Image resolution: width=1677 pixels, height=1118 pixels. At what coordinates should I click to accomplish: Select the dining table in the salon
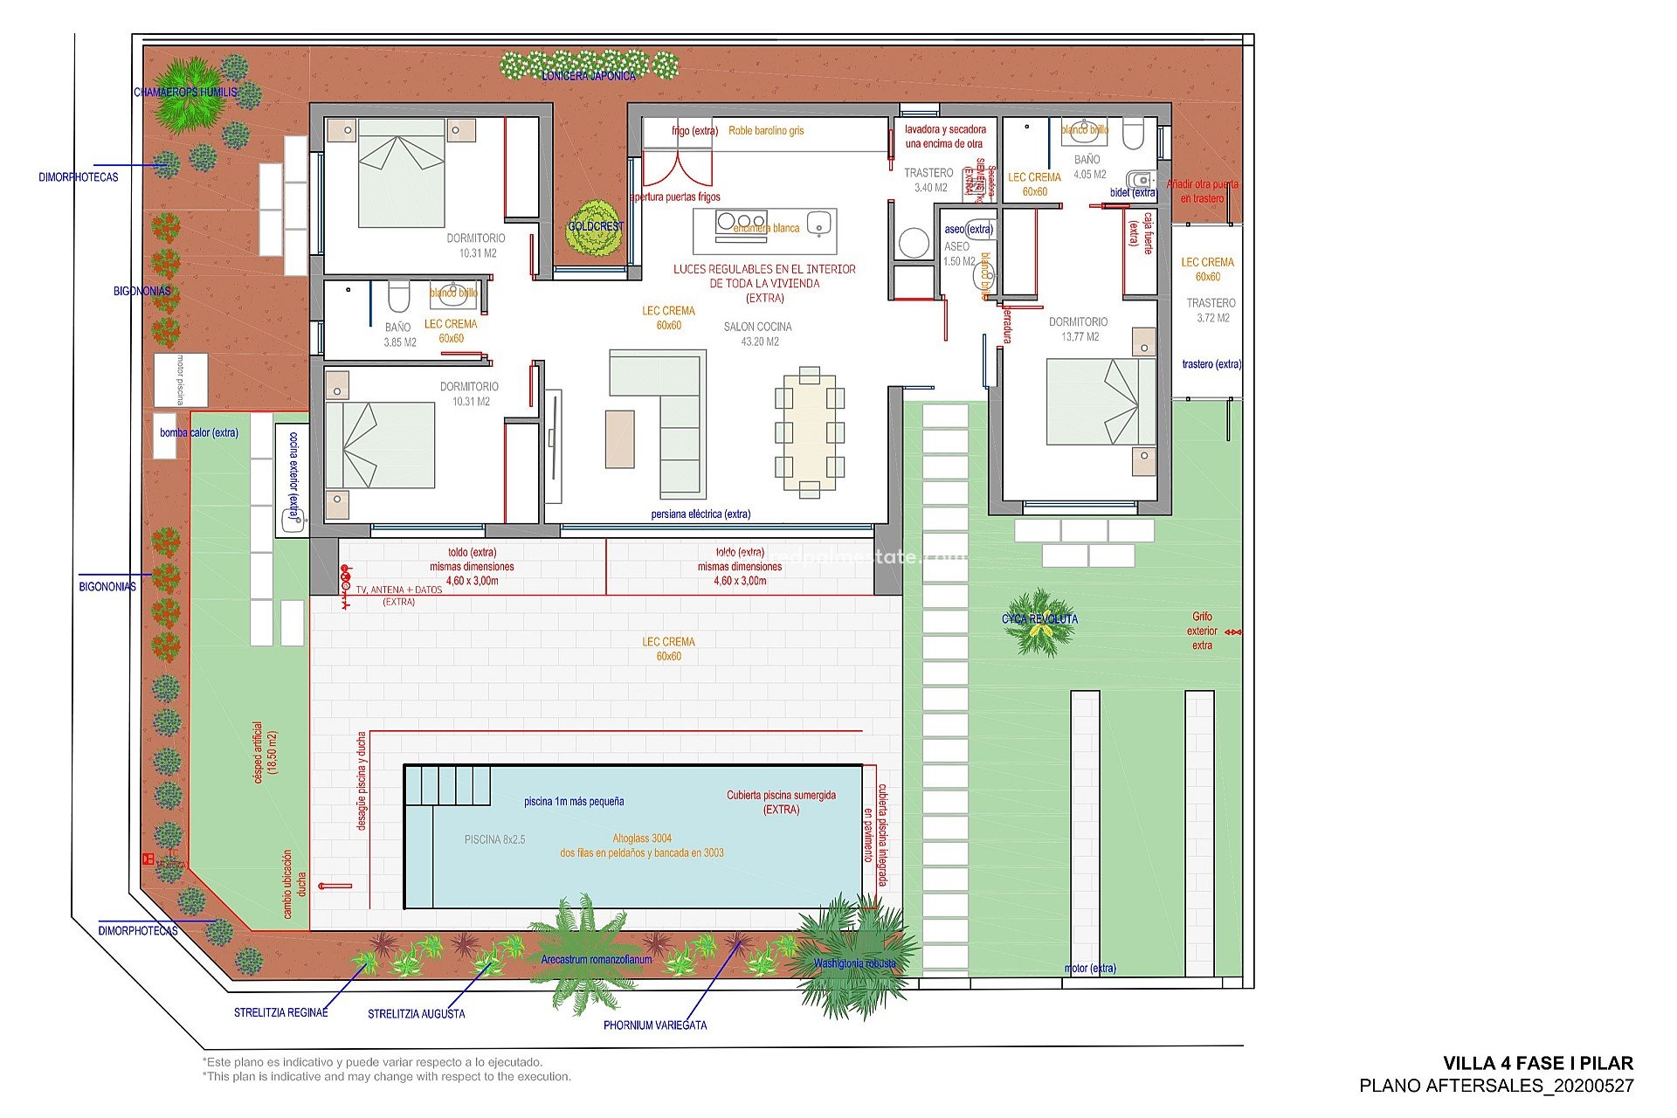tap(810, 432)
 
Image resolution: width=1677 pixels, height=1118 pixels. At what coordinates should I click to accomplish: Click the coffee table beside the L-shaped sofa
tap(619, 439)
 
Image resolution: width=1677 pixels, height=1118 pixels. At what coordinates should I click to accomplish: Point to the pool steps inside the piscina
tap(446, 785)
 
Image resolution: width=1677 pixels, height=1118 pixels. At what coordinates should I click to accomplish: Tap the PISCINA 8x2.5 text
tap(494, 839)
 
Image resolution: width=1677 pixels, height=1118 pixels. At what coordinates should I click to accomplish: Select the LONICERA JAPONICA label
tap(589, 76)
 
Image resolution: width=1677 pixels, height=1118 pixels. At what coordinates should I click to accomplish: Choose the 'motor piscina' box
tap(181, 380)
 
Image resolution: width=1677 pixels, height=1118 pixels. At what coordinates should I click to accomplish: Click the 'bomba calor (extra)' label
tap(199, 432)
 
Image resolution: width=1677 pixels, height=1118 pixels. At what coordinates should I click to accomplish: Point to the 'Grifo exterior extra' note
tap(1202, 631)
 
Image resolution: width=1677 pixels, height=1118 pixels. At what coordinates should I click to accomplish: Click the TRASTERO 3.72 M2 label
tap(1211, 310)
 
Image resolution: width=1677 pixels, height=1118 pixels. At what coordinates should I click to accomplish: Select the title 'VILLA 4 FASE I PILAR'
tap(1537, 1063)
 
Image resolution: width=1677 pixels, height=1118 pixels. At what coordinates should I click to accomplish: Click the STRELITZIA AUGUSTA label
tap(416, 1014)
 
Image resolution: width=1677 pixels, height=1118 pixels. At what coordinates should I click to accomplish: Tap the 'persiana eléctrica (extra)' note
tap(700, 514)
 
